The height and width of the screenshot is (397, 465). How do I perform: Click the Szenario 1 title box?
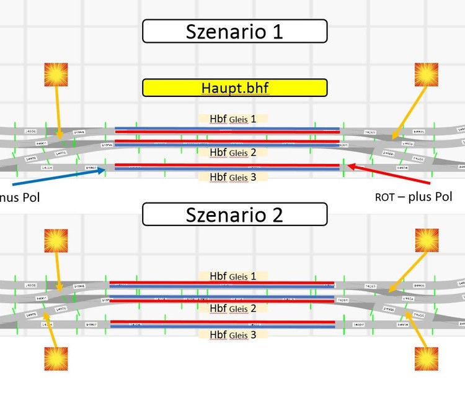pos(234,31)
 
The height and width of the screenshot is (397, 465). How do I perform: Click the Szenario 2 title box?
pos(234,215)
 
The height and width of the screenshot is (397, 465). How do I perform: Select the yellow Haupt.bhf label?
pos(234,88)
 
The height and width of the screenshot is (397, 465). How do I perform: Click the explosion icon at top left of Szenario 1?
pos(56,74)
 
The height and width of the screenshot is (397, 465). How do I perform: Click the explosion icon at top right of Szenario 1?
pos(427,74)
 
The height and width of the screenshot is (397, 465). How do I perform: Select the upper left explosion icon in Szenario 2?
pos(56,240)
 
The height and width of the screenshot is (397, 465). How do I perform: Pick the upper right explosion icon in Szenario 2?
pos(427,240)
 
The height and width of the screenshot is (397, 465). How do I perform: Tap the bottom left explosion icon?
pos(56,358)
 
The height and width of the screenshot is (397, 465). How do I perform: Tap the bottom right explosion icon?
pos(427,358)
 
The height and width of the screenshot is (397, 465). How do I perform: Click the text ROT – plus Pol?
pos(414,197)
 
